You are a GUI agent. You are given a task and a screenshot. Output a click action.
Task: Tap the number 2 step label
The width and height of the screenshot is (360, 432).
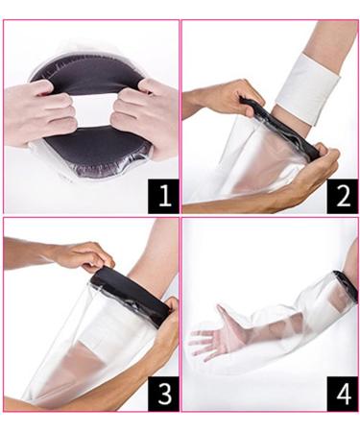coord(339,197)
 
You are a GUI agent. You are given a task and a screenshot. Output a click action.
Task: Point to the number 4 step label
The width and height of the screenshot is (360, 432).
coord(339,394)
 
